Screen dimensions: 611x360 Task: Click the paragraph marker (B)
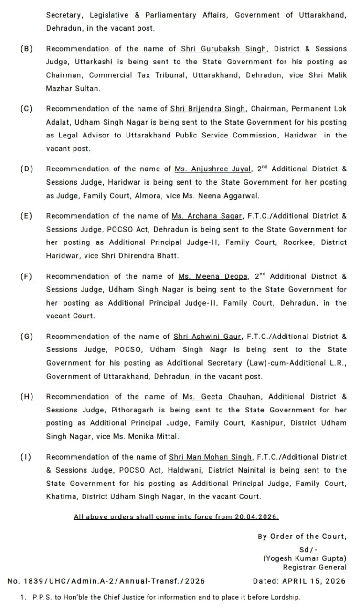click(26, 49)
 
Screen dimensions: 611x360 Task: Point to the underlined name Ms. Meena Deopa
click(213, 276)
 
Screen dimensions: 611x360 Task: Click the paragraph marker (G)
click(26, 337)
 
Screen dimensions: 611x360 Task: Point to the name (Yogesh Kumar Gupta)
click(305, 558)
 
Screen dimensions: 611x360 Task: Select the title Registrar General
click(315, 567)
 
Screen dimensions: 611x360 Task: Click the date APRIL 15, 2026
click(314, 581)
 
